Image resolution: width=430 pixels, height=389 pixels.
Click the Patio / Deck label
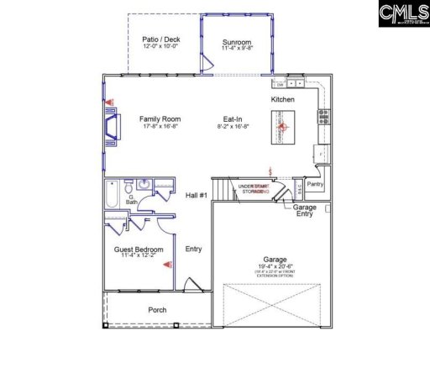point(160,39)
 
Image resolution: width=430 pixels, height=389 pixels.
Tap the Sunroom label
point(236,41)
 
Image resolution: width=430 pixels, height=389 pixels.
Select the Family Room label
point(160,119)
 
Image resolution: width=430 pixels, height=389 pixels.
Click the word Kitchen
point(282,100)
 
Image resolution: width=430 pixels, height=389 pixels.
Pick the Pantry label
point(316,183)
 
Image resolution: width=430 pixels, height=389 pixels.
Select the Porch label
point(157,310)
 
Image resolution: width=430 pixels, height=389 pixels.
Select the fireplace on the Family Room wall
point(112,127)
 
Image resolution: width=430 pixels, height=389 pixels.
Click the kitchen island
point(279,128)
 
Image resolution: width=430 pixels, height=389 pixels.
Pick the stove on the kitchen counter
point(322,117)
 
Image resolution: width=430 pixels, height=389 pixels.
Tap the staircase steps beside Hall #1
point(223,191)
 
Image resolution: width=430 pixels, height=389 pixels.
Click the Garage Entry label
point(305,210)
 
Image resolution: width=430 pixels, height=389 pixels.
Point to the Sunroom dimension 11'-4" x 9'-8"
point(236,49)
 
